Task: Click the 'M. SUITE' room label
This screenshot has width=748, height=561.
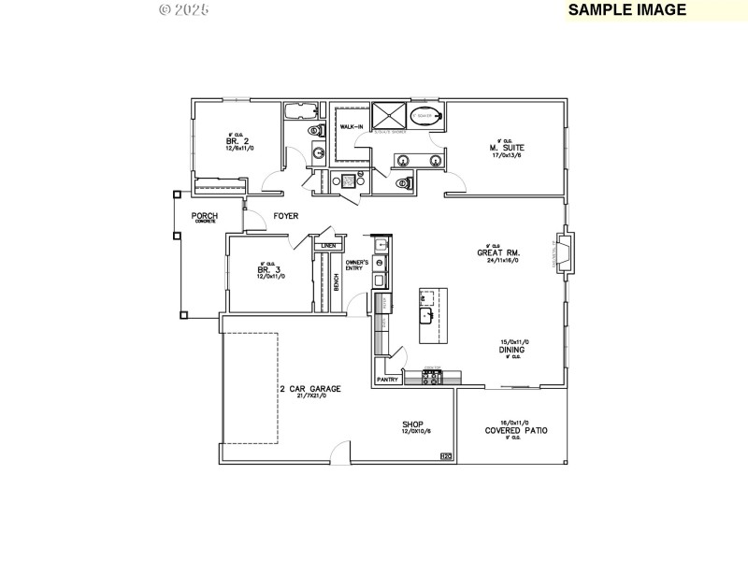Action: (506, 148)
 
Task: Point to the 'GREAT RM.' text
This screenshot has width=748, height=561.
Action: (498, 252)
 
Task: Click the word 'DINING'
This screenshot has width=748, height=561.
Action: (512, 350)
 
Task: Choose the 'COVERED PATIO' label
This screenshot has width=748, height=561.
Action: (516, 431)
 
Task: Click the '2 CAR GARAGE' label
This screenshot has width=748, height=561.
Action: (309, 389)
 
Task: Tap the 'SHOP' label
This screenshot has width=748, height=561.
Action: (414, 424)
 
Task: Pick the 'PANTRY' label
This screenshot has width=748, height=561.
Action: (388, 380)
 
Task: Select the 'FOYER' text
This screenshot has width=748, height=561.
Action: (285, 216)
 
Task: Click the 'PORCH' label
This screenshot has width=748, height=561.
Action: (204, 216)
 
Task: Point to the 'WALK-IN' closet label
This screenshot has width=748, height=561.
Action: (352, 126)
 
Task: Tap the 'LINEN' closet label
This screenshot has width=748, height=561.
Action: (328, 246)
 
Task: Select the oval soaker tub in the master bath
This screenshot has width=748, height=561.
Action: (426, 117)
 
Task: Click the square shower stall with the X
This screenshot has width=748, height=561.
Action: (389, 116)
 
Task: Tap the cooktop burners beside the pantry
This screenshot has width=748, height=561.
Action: (433, 378)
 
